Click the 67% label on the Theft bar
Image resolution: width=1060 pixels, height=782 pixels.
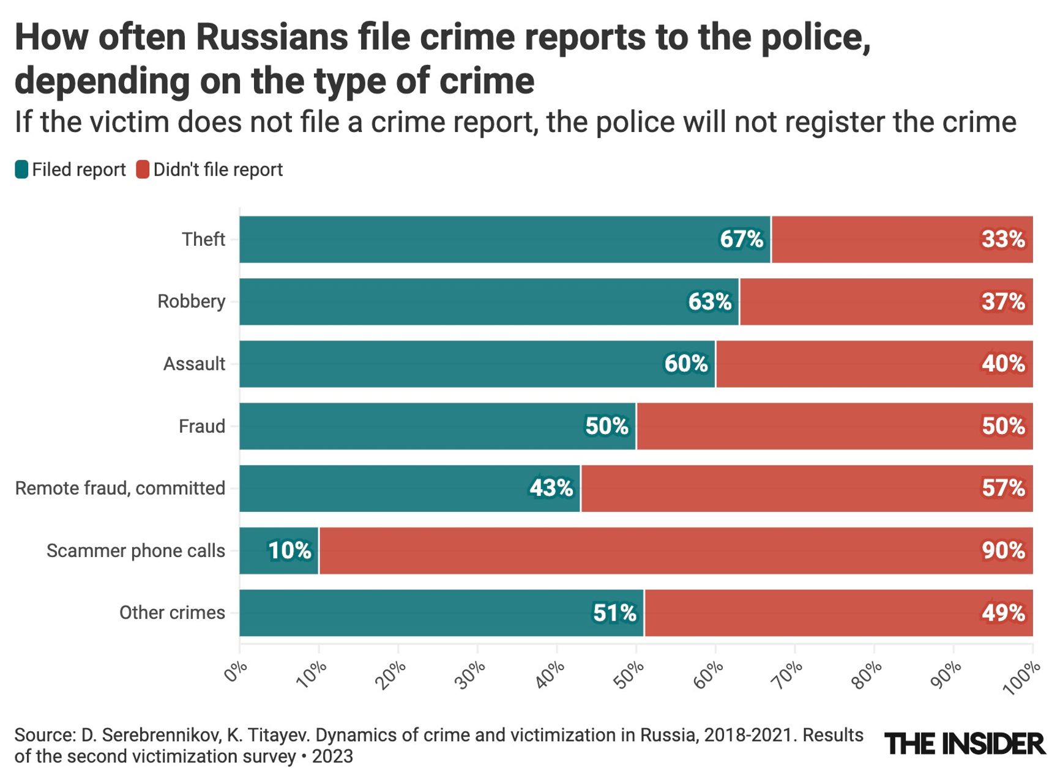(x=741, y=239)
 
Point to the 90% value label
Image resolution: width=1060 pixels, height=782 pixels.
(x=1003, y=550)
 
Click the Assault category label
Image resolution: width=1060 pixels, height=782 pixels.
(x=194, y=364)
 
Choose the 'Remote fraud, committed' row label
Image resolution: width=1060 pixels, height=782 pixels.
(x=120, y=488)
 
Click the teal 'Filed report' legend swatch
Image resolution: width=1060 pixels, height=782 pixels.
(x=21, y=169)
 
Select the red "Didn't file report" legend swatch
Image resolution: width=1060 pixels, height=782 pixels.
(x=143, y=169)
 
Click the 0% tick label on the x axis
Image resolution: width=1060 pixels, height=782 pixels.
(x=235, y=671)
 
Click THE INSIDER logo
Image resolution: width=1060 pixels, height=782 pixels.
(x=965, y=743)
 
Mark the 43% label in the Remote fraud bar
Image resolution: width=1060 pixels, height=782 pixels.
(x=551, y=488)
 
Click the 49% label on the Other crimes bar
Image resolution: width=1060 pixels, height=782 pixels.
(x=1003, y=613)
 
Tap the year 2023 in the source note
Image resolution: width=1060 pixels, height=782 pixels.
(x=332, y=756)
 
